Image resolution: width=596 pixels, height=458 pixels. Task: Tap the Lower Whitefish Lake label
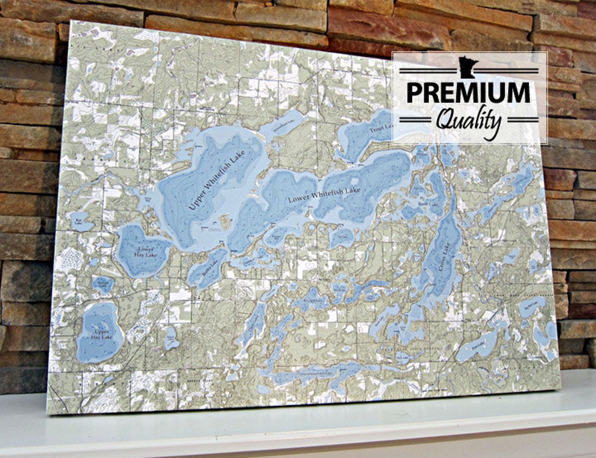tap(324, 195)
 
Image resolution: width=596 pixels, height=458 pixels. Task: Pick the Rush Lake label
tap(428, 204)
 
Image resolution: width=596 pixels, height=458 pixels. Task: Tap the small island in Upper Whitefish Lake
tap(226, 221)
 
